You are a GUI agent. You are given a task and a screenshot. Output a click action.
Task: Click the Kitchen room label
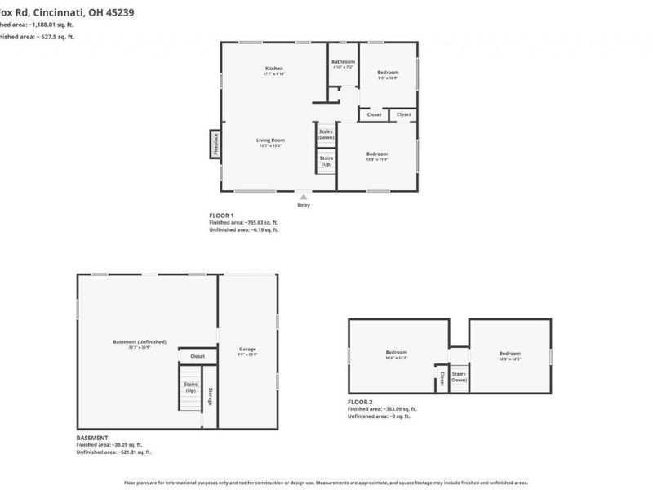point(273,68)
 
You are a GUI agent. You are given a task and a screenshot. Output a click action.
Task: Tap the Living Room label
point(270,140)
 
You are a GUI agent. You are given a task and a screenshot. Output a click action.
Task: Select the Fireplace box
point(216,145)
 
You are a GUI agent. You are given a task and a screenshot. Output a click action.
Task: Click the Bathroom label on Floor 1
point(343,62)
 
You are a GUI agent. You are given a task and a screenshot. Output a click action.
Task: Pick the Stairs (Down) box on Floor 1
point(326,134)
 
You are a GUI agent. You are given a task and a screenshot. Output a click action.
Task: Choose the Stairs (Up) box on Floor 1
point(326,161)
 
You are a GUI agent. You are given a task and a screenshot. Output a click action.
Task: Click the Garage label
point(247,349)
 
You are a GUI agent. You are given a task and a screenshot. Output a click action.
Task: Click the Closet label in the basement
point(198,356)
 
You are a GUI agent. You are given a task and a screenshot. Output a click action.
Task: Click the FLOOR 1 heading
point(221,215)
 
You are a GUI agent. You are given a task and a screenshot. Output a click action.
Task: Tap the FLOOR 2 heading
point(360,402)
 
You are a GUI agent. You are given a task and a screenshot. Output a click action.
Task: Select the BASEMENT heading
point(91,438)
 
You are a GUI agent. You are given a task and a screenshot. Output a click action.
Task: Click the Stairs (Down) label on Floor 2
point(459,377)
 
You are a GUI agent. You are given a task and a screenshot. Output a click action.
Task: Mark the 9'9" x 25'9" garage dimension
point(247,354)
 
